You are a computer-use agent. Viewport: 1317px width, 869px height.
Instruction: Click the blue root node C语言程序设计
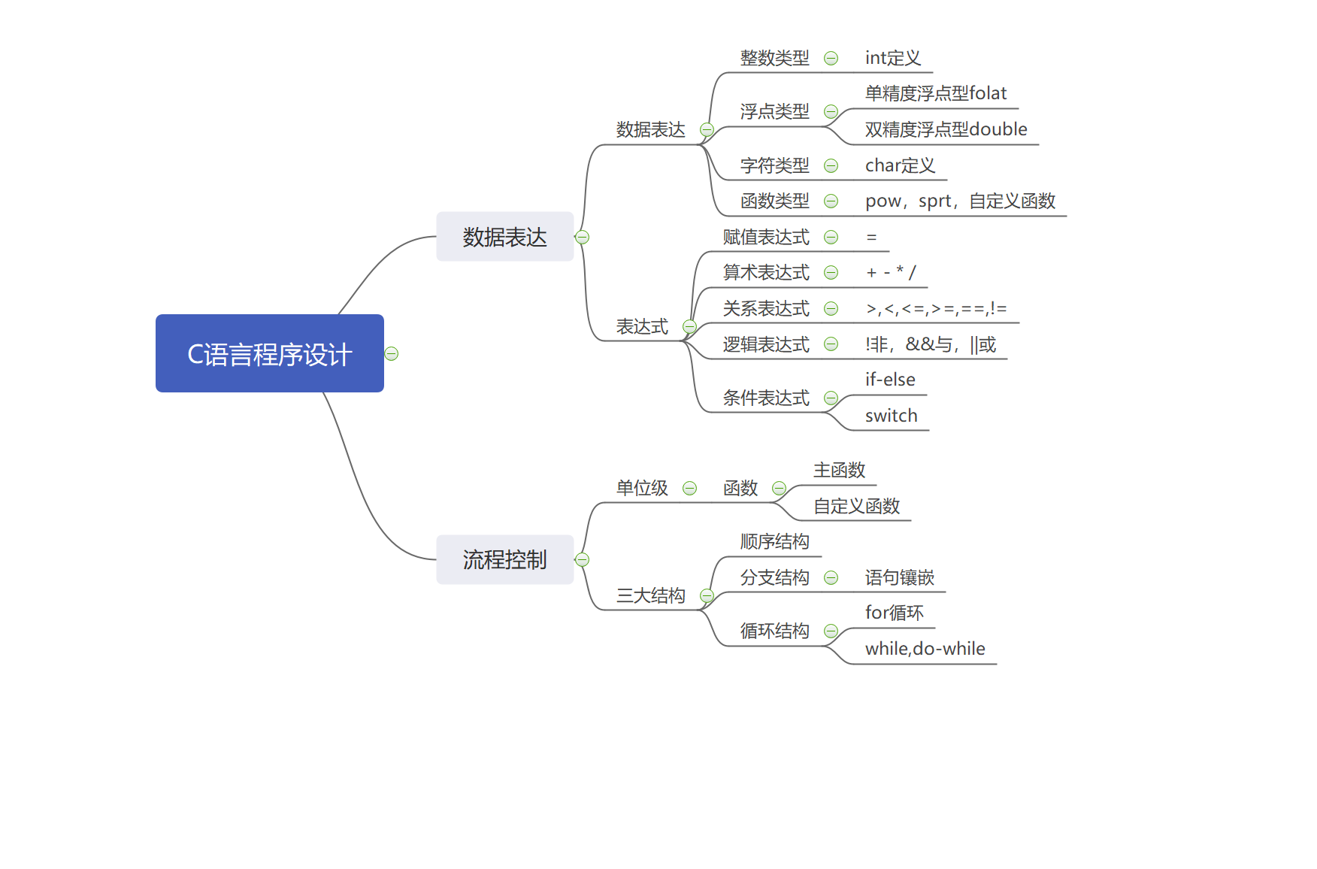click(x=269, y=353)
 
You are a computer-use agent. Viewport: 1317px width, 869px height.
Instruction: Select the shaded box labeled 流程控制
click(x=504, y=559)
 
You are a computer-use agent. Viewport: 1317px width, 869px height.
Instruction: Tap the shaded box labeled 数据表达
click(x=504, y=237)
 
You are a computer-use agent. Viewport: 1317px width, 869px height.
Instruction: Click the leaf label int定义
click(x=892, y=58)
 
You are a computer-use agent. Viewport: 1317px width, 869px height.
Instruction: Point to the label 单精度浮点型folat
click(x=935, y=93)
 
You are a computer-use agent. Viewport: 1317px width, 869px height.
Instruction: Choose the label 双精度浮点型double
click(x=946, y=129)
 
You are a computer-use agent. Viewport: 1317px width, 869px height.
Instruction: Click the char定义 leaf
click(x=900, y=165)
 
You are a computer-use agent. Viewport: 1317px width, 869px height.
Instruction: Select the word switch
click(x=891, y=416)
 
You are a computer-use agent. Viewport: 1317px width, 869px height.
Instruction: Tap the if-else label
click(x=890, y=380)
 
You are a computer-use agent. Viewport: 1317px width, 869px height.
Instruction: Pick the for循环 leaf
click(x=894, y=613)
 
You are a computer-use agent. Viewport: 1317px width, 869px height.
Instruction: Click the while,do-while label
click(x=925, y=649)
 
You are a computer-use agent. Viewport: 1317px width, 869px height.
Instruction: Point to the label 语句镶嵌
click(x=899, y=577)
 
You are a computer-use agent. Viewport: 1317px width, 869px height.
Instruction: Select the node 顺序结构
click(x=774, y=541)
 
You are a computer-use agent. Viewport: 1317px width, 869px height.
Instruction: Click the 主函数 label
click(x=839, y=470)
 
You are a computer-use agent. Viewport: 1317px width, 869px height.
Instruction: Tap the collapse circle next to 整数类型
click(x=831, y=58)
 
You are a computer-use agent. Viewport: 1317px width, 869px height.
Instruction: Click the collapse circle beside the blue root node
click(x=391, y=353)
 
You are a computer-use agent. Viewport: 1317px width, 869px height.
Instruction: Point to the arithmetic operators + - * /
click(x=891, y=272)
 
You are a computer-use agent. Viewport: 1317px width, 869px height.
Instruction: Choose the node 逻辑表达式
click(x=766, y=344)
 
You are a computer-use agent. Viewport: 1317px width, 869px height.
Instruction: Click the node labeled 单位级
click(x=642, y=488)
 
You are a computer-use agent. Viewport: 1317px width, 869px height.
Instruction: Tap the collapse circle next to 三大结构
click(x=707, y=595)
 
